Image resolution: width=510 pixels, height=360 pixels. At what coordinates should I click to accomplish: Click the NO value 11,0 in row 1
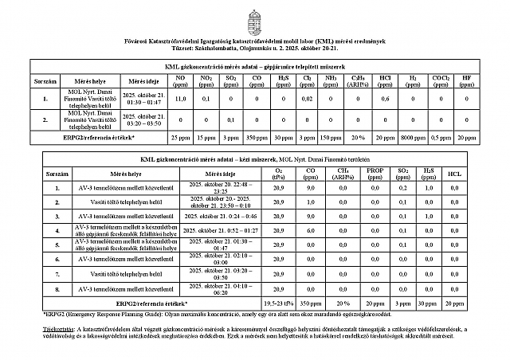pos(181,99)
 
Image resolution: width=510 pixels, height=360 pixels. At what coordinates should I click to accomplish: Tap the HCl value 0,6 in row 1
pos(385,99)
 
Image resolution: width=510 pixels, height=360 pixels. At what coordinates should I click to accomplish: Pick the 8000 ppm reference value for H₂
pos(412,138)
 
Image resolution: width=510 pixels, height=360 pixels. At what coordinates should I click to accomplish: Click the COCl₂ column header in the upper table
pos(439,81)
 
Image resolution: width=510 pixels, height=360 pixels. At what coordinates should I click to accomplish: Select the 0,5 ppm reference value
pos(439,138)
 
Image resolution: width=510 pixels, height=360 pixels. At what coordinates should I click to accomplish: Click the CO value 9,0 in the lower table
pos(310,188)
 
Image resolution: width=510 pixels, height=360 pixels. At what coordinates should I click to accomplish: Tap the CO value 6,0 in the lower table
pos(310,231)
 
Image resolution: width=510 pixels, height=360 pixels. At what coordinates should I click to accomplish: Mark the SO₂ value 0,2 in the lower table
pos(404,188)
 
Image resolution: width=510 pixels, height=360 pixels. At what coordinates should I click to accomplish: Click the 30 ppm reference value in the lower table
pos(429,303)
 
